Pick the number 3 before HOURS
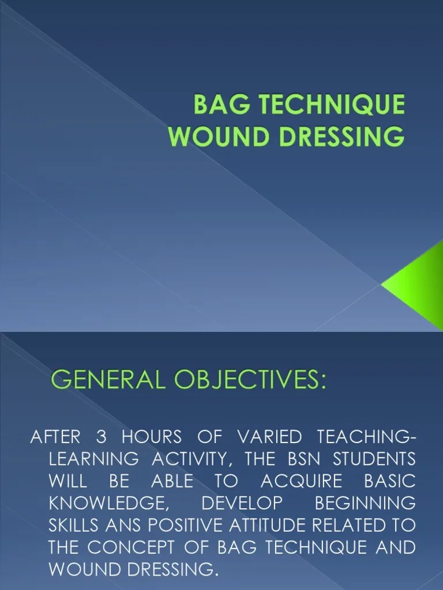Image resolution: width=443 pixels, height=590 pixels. pyautogui.click(x=102, y=437)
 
